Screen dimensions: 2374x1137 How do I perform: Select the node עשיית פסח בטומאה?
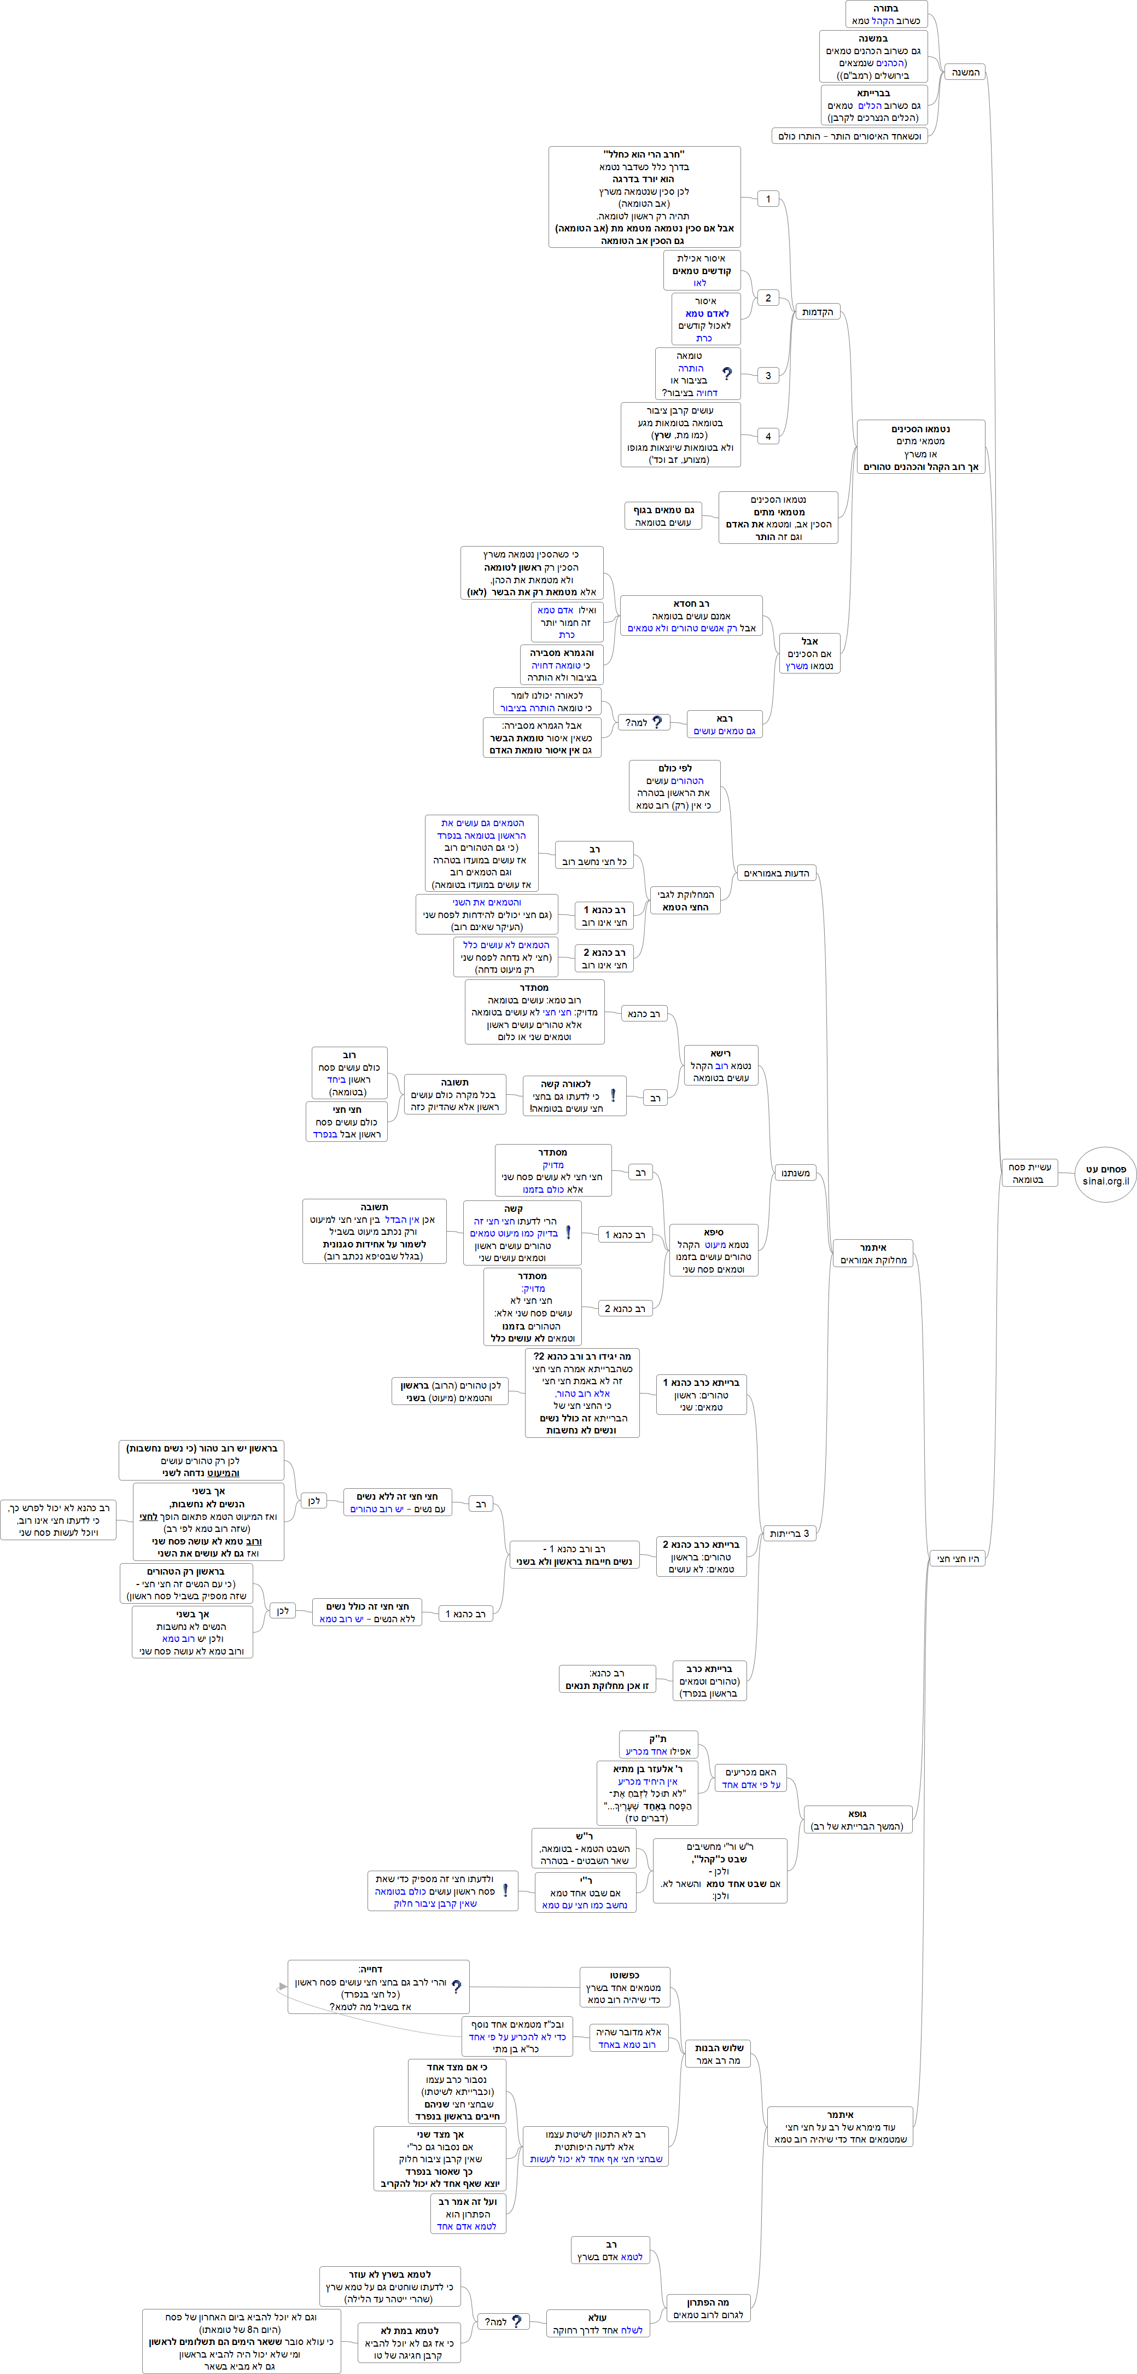(1028, 1173)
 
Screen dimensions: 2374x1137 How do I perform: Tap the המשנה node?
(965, 72)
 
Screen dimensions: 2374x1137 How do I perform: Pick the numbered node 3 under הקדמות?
(767, 375)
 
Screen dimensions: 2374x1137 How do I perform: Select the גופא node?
(857, 1819)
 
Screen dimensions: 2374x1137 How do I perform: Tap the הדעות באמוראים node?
(776, 873)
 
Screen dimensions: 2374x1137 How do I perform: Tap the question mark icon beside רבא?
(657, 723)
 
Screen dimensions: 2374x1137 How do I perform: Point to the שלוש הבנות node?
(719, 2053)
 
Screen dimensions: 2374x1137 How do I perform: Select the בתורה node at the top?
(885, 14)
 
